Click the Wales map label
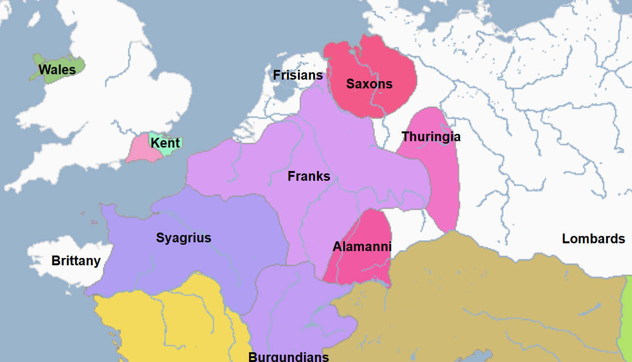coord(57,70)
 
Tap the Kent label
coord(165,143)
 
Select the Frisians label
coord(298,75)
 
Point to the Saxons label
coord(369,84)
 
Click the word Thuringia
coord(431,137)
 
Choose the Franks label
coord(309,176)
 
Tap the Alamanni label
coord(362,247)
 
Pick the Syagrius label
coord(184,238)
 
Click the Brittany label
coord(76,261)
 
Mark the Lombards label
coord(593,239)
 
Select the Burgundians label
coord(289,357)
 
